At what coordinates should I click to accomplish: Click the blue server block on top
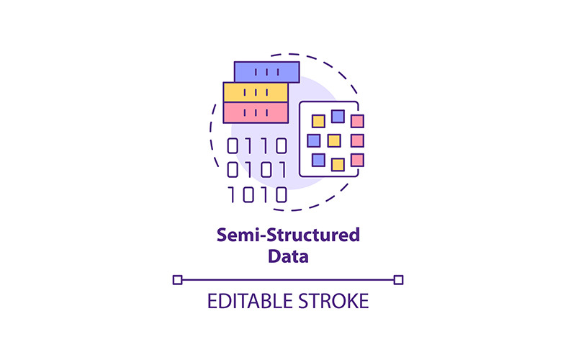pyautogui.click(x=266, y=72)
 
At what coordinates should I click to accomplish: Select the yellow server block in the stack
pyautogui.click(x=256, y=92)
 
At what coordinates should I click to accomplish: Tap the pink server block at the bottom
pyautogui.click(x=256, y=112)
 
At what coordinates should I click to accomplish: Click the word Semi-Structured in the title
pyautogui.click(x=288, y=235)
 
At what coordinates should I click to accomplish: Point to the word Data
pyautogui.click(x=288, y=256)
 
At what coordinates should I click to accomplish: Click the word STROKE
pyautogui.click(x=333, y=301)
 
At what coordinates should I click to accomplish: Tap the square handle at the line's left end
pyautogui.click(x=177, y=280)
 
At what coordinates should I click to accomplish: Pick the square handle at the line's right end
pyautogui.click(x=398, y=280)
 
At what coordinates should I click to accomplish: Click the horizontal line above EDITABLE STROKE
pyautogui.click(x=288, y=280)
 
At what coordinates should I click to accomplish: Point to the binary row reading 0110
pyautogui.click(x=257, y=146)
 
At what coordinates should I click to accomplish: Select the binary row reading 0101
pyautogui.click(x=257, y=170)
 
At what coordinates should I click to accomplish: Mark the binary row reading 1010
pyautogui.click(x=258, y=194)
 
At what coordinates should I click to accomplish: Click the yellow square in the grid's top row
pyautogui.click(x=318, y=121)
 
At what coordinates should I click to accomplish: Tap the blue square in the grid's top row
pyautogui.click(x=338, y=117)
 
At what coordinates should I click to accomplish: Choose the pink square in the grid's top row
pyautogui.click(x=357, y=121)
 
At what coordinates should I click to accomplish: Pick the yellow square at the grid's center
pyautogui.click(x=334, y=140)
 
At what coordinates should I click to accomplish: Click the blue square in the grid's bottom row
pyautogui.click(x=318, y=160)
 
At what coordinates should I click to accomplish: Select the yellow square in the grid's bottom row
pyautogui.click(x=338, y=165)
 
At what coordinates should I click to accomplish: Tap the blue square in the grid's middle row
pyautogui.click(x=314, y=140)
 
